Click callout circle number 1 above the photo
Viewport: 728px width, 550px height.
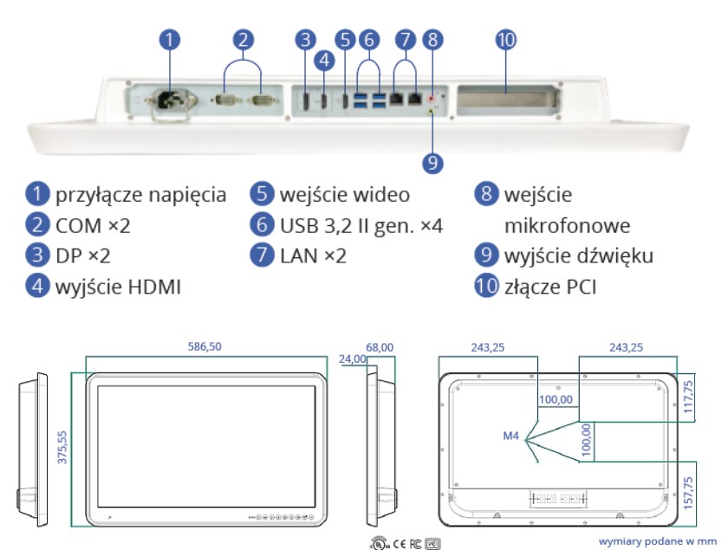coord(171,39)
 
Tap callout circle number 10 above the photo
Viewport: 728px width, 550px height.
coord(506,39)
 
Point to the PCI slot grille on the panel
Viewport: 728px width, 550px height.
coord(504,97)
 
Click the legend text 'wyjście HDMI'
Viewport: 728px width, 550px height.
coord(118,287)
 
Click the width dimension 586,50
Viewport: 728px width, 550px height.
coord(205,346)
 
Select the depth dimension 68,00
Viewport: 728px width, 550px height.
coord(380,346)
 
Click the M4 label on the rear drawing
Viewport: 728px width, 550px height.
coord(510,435)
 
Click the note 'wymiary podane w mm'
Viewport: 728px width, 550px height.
coord(656,540)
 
